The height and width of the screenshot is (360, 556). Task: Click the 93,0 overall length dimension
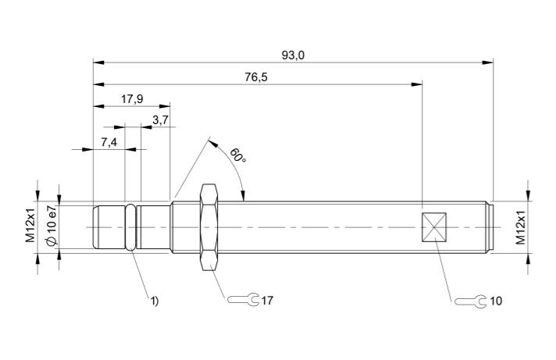293,55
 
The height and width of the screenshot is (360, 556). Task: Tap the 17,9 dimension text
132,99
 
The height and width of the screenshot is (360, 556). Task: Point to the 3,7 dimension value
160,119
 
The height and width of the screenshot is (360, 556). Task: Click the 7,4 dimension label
109,141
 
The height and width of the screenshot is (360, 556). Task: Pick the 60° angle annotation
237,155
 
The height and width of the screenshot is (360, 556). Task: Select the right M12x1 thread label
521,226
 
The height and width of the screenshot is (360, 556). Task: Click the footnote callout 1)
155,299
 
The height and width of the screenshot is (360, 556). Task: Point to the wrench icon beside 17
243,300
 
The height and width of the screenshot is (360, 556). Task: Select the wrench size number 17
268,300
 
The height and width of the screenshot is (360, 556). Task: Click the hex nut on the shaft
208,226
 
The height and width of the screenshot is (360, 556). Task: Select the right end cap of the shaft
490,227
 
